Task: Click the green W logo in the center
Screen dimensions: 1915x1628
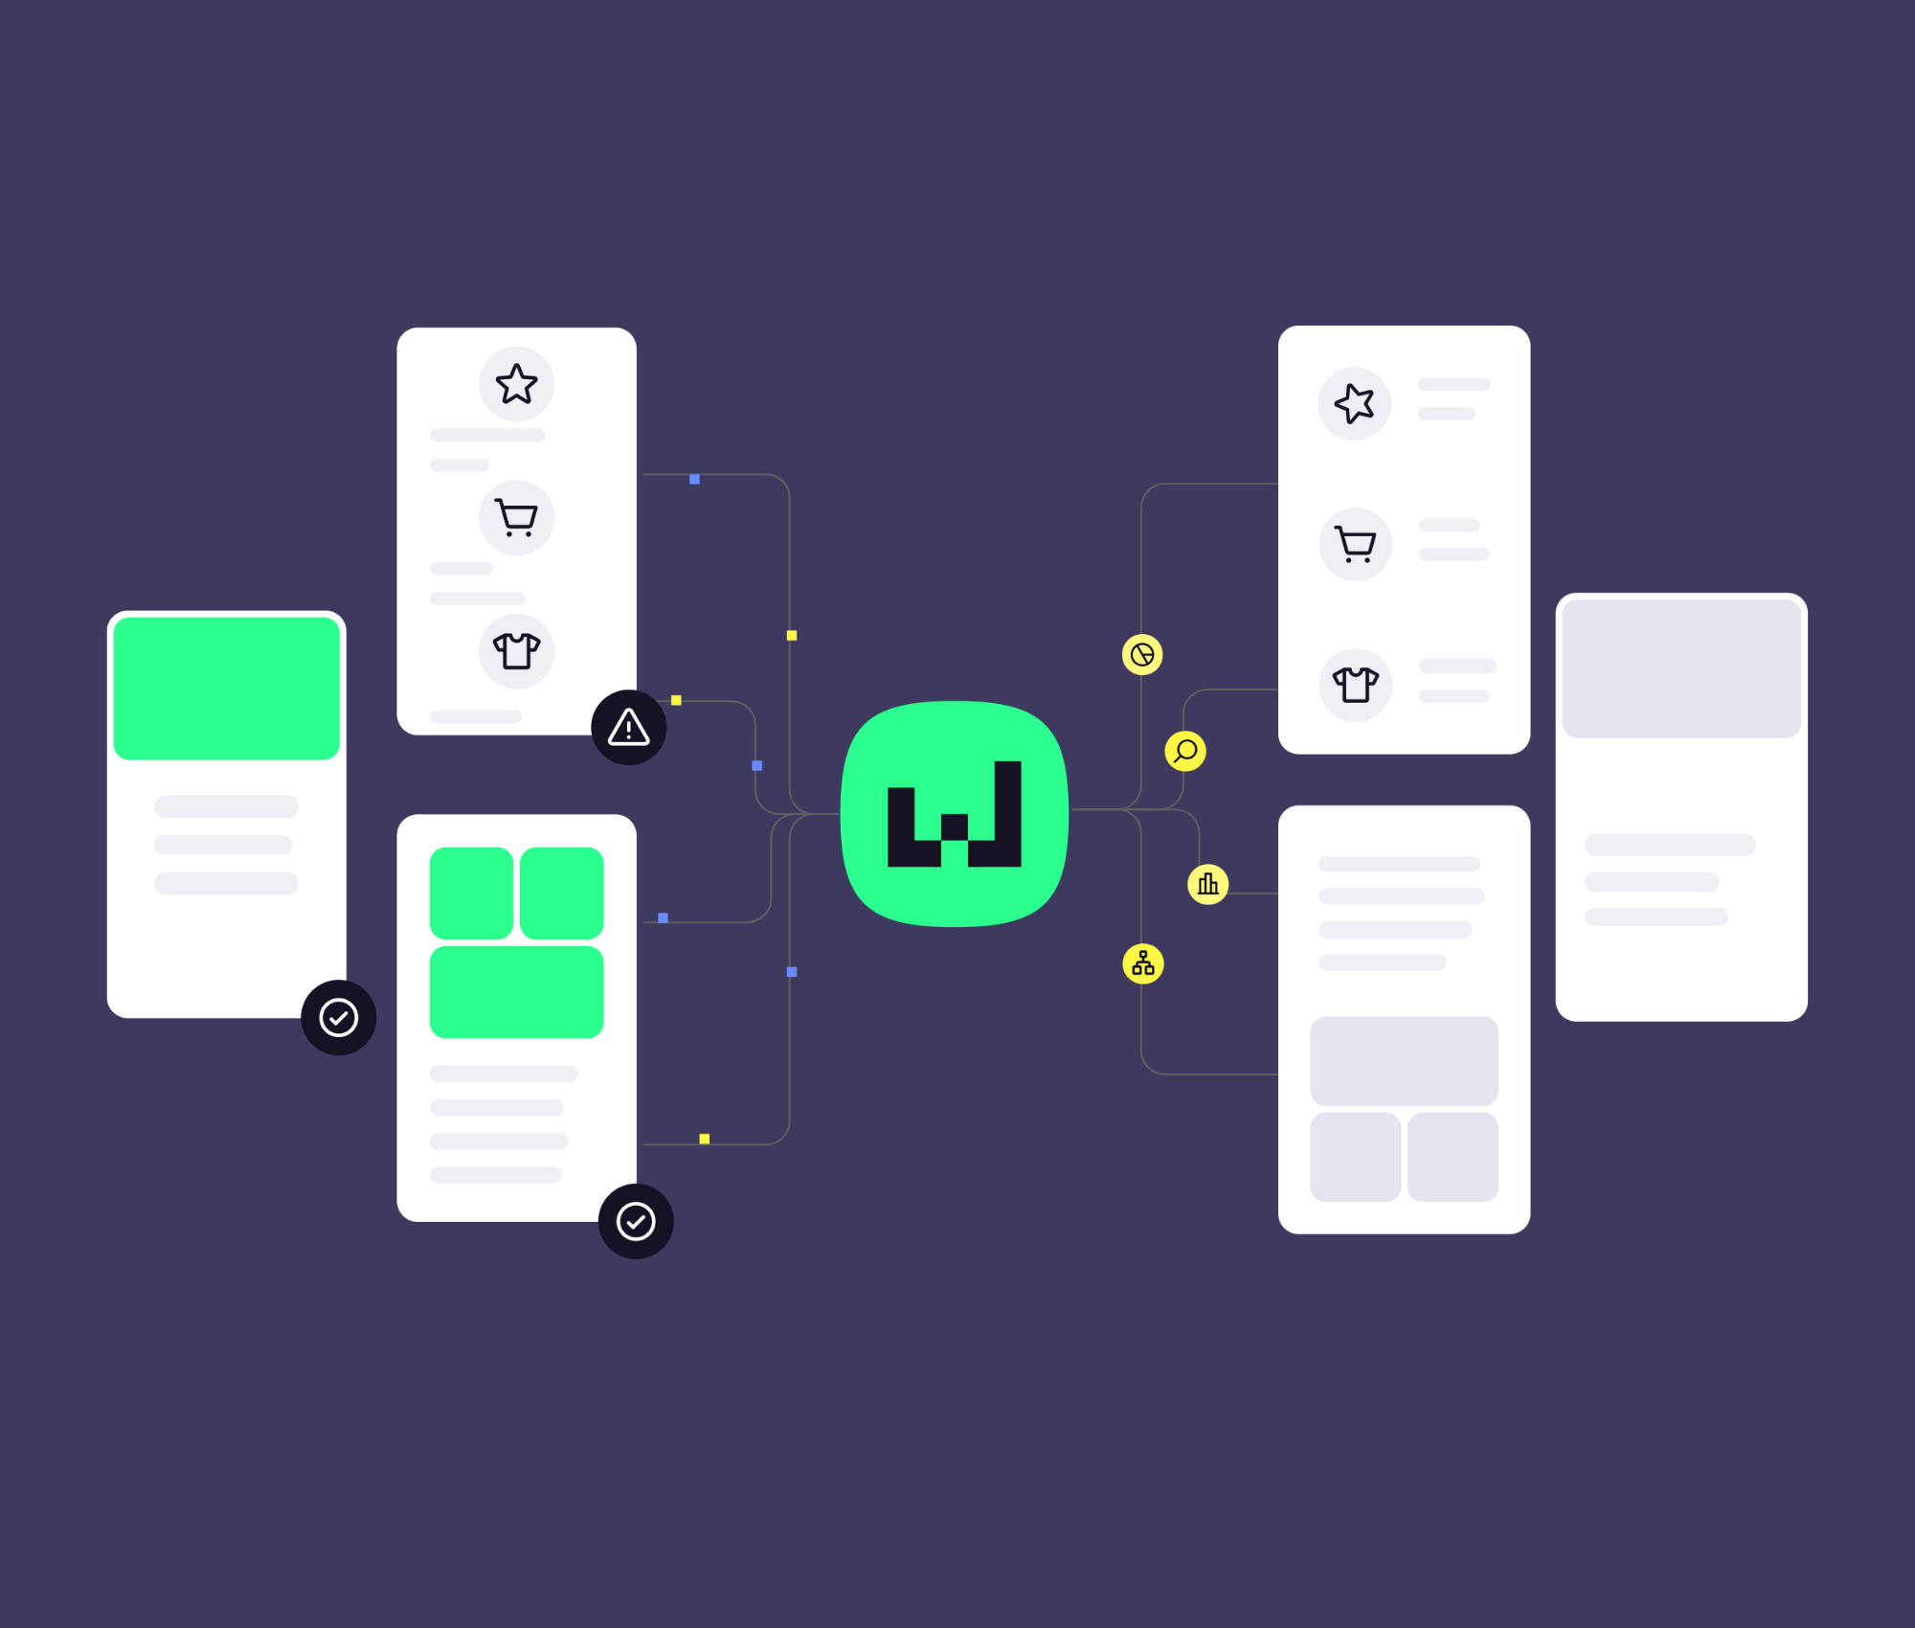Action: (x=954, y=814)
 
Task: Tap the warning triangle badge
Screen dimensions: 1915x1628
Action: (x=628, y=728)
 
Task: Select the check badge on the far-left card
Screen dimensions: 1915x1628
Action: (x=338, y=1017)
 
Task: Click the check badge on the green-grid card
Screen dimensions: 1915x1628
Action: (x=636, y=1221)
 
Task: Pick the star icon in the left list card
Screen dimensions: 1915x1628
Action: (x=516, y=384)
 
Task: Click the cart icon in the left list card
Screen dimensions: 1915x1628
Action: (x=516, y=518)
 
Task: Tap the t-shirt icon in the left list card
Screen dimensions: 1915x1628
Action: (x=516, y=651)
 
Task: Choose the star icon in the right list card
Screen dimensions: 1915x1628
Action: (x=1355, y=403)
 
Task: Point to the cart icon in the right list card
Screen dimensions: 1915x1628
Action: (x=1355, y=544)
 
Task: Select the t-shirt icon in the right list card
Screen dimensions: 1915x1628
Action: (x=1355, y=685)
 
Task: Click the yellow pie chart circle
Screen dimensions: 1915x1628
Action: (x=1142, y=655)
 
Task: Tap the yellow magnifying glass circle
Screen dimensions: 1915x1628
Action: (x=1185, y=751)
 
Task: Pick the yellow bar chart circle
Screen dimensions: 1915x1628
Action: (x=1207, y=884)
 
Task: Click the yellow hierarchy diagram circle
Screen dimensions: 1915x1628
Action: (x=1143, y=963)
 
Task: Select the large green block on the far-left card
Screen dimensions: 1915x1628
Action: (x=227, y=689)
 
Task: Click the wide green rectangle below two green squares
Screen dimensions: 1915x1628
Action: (x=516, y=992)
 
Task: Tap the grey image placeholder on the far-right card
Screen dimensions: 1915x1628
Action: (x=1681, y=669)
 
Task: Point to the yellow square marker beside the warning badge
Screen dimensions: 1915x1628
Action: (x=676, y=700)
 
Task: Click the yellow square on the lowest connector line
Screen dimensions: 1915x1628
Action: (x=705, y=1139)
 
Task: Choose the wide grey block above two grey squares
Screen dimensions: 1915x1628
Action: (x=1404, y=1061)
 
